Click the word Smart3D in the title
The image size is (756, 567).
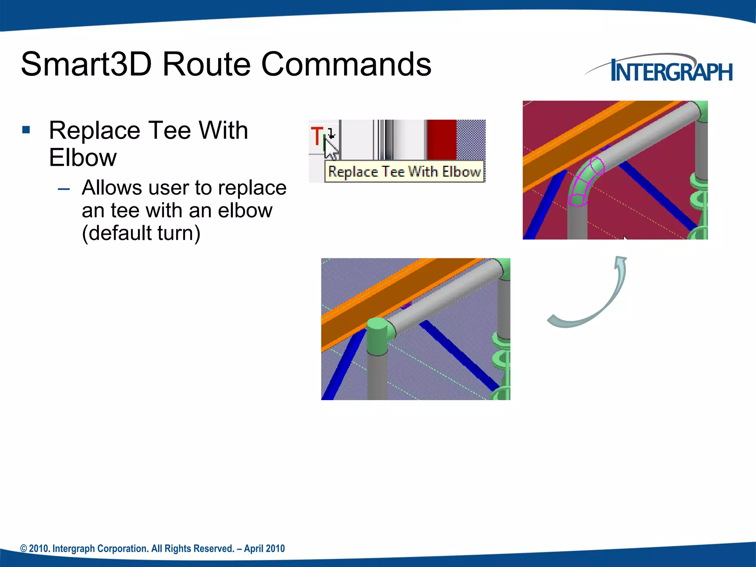tap(86, 65)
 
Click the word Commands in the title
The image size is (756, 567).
tap(346, 65)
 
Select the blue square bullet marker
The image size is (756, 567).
tap(26, 130)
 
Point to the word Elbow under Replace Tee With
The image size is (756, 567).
tap(83, 158)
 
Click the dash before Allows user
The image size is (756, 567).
tap(64, 189)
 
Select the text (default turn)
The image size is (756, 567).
tap(141, 233)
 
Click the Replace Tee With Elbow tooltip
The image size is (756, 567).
tap(404, 172)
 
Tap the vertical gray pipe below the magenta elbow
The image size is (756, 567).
tap(577, 223)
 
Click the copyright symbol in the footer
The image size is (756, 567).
tap(24, 549)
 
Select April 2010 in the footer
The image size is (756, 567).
tap(264, 549)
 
